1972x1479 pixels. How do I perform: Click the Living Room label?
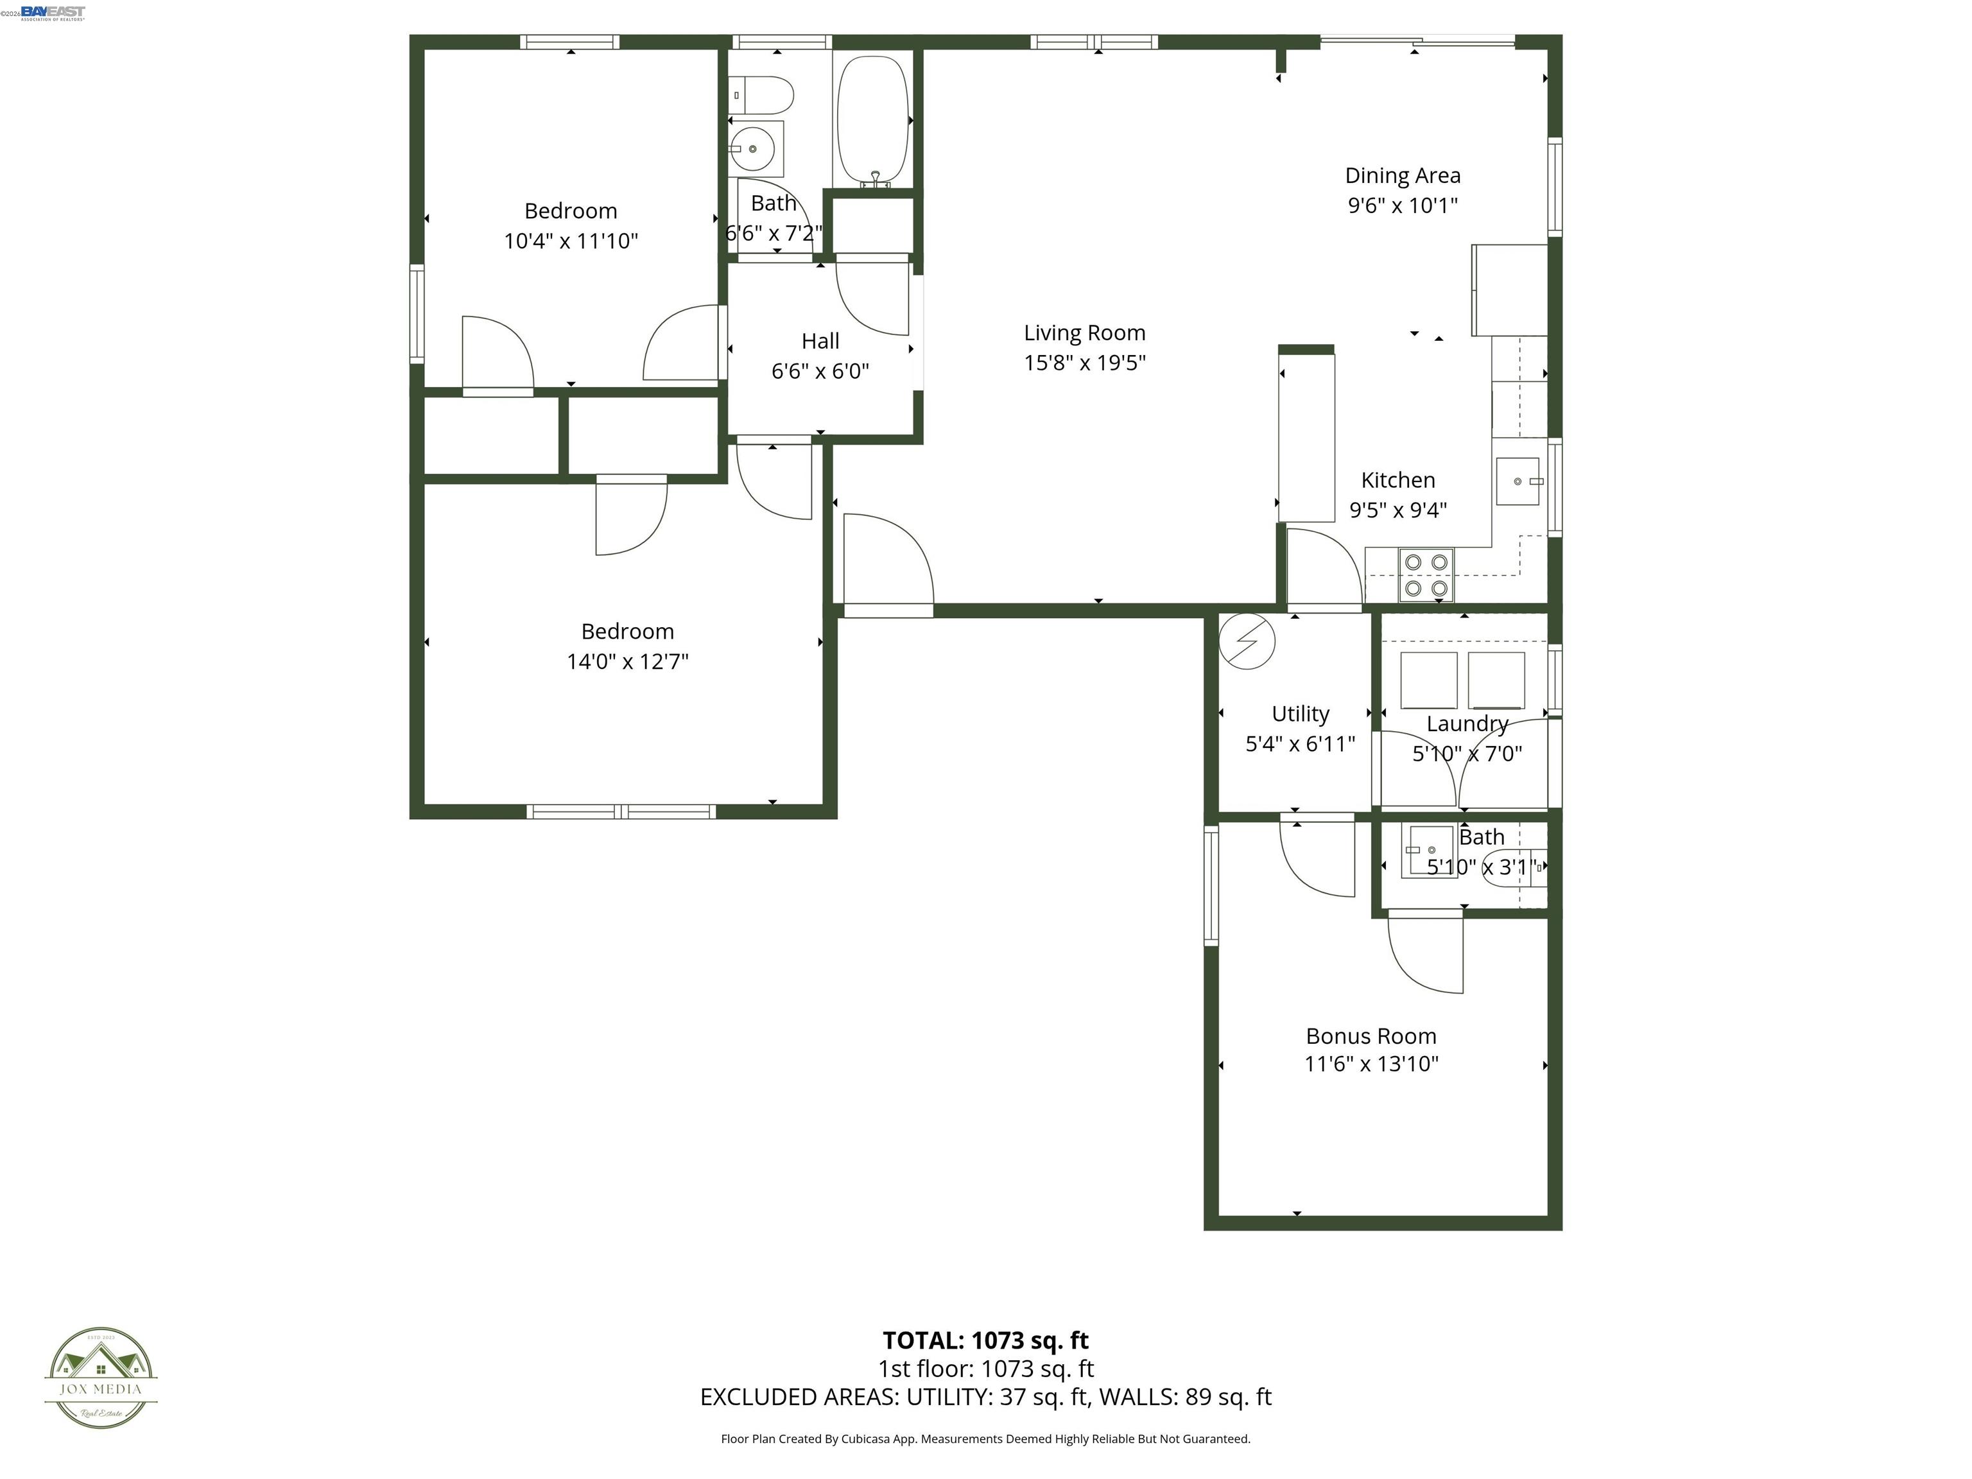click(1084, 333)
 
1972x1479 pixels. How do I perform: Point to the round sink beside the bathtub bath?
click(754, 149)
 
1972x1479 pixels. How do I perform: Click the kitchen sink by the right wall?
click(1518, 481)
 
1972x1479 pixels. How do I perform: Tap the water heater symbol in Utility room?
click(1247, 640)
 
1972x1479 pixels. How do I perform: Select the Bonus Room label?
click(1371, 1036)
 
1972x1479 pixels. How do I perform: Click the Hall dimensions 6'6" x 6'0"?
click(820, 371)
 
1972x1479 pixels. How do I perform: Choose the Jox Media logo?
click(101, 1378)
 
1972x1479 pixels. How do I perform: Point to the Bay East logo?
click(53, 12)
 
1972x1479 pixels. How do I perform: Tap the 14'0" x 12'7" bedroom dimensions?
click(628, 661)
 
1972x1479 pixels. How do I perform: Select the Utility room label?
click(1300, 714)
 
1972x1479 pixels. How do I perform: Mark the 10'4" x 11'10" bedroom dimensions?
click(571, 241)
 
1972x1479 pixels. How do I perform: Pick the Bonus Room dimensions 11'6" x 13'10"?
click(1371, 1064)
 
